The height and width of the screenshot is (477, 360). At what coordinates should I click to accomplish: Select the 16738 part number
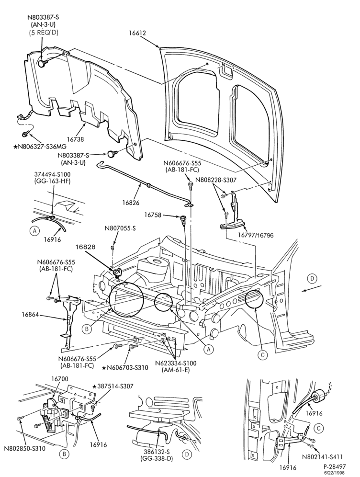click(x=75, y=139)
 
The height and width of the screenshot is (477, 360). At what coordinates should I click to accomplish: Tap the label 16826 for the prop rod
click(x=131, y=202)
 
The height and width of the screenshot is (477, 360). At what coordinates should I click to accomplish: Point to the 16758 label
click(x=153, y=215)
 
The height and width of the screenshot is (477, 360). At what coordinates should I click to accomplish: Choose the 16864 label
click(x=31, y=314)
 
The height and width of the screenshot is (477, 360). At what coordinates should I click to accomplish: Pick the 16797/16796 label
click(x=256, y=235)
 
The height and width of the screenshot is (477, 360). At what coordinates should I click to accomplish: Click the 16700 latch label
click(x=59, y=379)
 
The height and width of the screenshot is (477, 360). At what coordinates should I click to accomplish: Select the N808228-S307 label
click(x=216, y=180)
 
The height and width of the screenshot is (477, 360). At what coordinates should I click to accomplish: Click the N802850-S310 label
click(x=25, y=448)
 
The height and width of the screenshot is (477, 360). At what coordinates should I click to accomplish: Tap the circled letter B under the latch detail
click(x=64, y=454)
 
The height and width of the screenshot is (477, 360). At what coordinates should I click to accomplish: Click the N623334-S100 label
click(x=176, y=363)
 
